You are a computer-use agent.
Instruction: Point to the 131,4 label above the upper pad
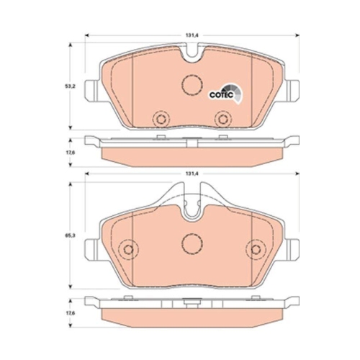(x=191, y=32)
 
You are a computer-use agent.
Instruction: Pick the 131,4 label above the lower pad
(x=191, y=174)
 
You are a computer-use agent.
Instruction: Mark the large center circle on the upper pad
(x=191, y=85)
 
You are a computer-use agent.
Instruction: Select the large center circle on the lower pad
(x=191, y=244)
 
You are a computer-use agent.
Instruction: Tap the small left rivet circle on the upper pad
(x=161, y=116)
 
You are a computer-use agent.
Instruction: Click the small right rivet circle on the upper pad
(x=222, y=116)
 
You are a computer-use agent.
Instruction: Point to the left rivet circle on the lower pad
(x=128, y=249)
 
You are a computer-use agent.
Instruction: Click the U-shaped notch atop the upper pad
(x=191, y=53)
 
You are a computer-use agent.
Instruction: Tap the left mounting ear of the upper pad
(x=91, y=90)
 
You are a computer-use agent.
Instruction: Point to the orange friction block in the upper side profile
(x=191, y=153)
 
